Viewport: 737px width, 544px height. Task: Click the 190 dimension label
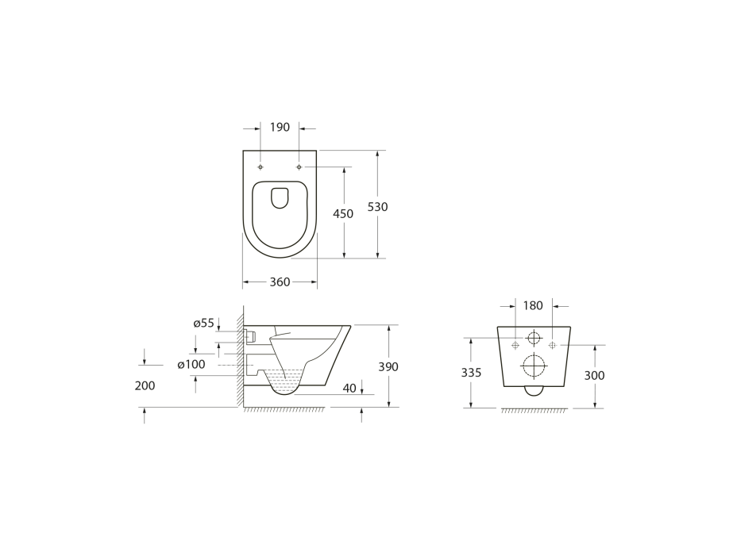click(280, 128)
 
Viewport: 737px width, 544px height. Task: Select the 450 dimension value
click(343, 214)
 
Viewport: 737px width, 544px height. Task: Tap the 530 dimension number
click(377, 207)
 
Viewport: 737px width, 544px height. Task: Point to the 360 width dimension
click(280, 282)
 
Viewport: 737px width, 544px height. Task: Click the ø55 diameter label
click(204, 323)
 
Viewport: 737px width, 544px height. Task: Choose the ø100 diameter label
click(191, 364)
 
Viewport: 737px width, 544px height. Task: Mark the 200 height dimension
click(145, 385)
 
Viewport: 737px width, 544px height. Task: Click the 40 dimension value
click(350, 388)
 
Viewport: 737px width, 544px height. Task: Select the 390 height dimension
click(388, 367)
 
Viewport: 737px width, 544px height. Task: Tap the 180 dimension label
click(534, 305)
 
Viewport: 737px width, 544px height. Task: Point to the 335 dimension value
click(472, 373)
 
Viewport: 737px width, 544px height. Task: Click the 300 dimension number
click(594, 376)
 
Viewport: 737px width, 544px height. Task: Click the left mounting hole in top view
click(260, 167)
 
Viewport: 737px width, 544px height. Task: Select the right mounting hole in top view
click(299, 167)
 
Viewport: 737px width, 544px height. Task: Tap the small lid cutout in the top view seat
click(280, 198)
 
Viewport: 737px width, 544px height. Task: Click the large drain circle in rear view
click(534, 366)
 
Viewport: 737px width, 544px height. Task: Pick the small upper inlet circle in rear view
click(534, 339)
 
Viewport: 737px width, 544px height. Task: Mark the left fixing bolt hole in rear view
click(515, 345)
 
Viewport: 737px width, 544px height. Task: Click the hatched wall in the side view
click(239, 357)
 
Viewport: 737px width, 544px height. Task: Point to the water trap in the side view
click(284, 384)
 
